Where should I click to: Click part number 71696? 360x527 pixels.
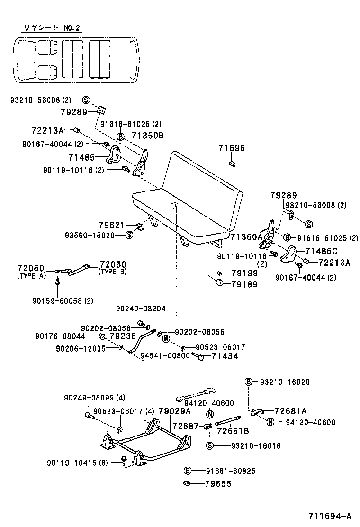(x=232, y=148)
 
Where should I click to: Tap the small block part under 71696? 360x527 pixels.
(x=232, y=164)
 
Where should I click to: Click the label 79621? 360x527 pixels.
(x=111, y=225)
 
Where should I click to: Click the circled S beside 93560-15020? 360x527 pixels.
(x=129, y=235)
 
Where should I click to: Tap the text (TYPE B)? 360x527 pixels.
(x=114, y=273)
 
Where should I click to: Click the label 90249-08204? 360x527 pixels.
(x=141, y=309)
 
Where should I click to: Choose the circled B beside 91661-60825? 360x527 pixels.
(x=188, y=471)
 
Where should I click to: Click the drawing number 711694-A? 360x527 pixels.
(x=330, y=516)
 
